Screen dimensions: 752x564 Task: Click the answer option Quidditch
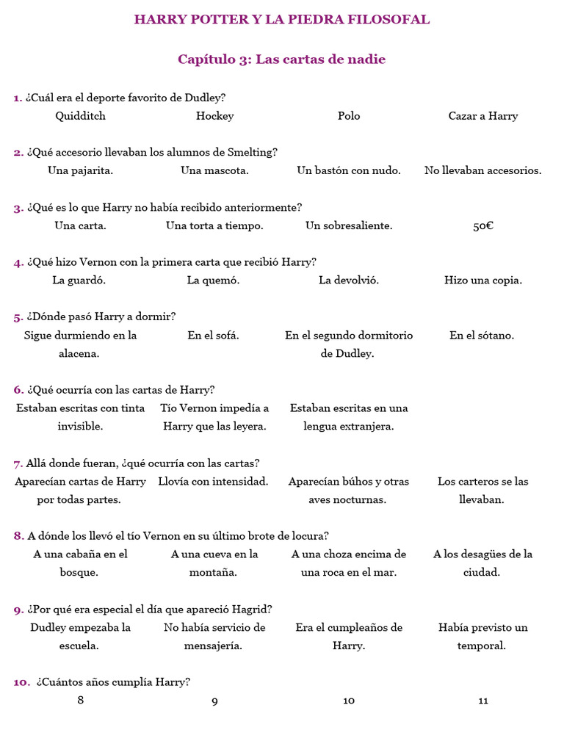pyautogui.click(x=81, y=116)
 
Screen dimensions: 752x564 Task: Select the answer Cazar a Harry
pyautogui.click(x=482, y=116)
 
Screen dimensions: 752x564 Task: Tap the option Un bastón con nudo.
pyautogui.click(x=349, y=170)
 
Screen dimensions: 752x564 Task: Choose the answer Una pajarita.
pyautogui.click(x=80, y=170)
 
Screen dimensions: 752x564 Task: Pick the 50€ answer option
pyautogui.click(x=482, y=225)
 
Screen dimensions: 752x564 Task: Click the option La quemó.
pyautogui.click(x=213, y=281)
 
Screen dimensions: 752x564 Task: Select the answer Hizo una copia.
pyautogui.click(x=482, y=281)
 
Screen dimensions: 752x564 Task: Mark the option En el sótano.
pyautogui.click(x=482, y=336)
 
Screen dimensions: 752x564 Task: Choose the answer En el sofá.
pyautogui.click(x=213, y=336)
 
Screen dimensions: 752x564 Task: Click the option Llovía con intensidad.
pyautogui.click(x=213, y=482)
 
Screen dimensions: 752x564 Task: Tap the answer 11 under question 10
pyautogui.click(x=482, y=701)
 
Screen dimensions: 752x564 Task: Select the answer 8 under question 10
pyautogui.click(x=80, y=700)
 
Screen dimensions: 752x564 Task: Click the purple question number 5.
pyautogui.click(x=18, y=317)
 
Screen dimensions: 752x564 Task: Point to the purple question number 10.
pyautogui.click(x=21, y=682)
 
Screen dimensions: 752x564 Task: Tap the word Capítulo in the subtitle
pyautogui.click(x=202, y=59)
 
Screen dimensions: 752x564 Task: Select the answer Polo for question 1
pyautogui.click(x=349, y=116)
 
